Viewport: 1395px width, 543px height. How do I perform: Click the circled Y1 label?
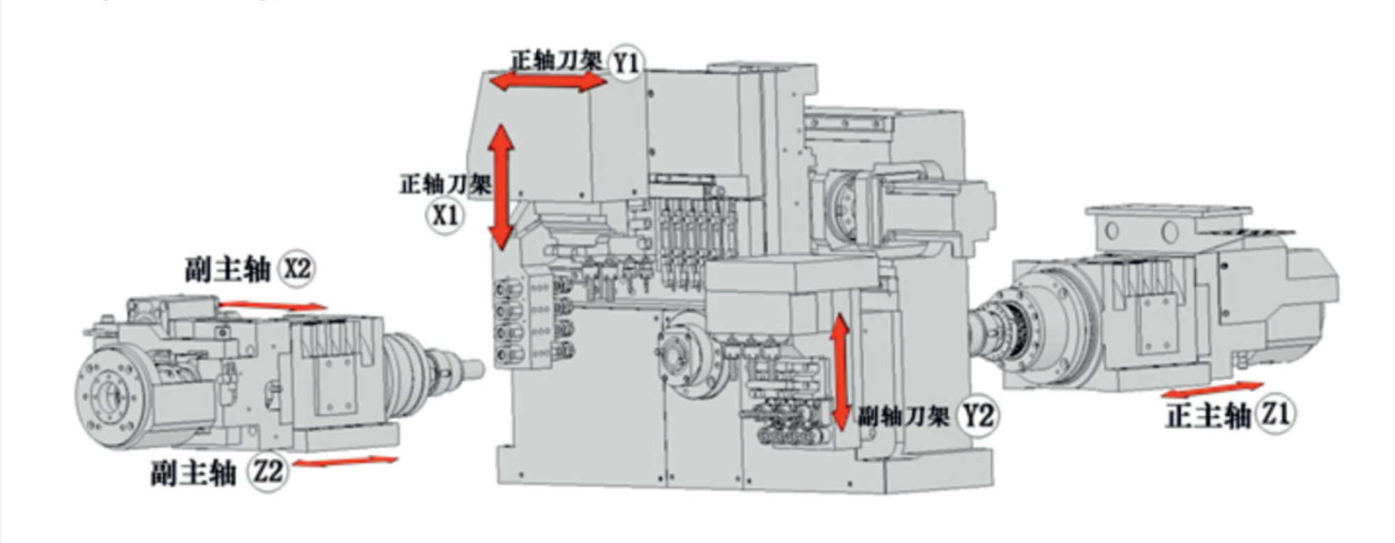[626, 63]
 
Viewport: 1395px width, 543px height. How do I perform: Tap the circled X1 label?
[445, 215]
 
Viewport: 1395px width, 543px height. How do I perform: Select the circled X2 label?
[296, 269]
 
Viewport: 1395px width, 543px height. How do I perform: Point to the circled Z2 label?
[269, 472]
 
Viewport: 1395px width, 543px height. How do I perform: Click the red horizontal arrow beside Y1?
[548, 82]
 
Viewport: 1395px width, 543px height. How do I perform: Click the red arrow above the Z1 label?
[1212, 389]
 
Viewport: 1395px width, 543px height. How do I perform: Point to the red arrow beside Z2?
[345, 461]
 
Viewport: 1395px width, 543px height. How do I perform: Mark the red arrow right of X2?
[273, 305]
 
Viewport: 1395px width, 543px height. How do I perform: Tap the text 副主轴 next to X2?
[227, 269]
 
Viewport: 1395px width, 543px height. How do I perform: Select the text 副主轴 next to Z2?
[193, 473]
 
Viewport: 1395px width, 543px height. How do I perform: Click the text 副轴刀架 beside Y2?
[903, 417]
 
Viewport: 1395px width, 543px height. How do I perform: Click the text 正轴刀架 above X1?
[445, 184]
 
